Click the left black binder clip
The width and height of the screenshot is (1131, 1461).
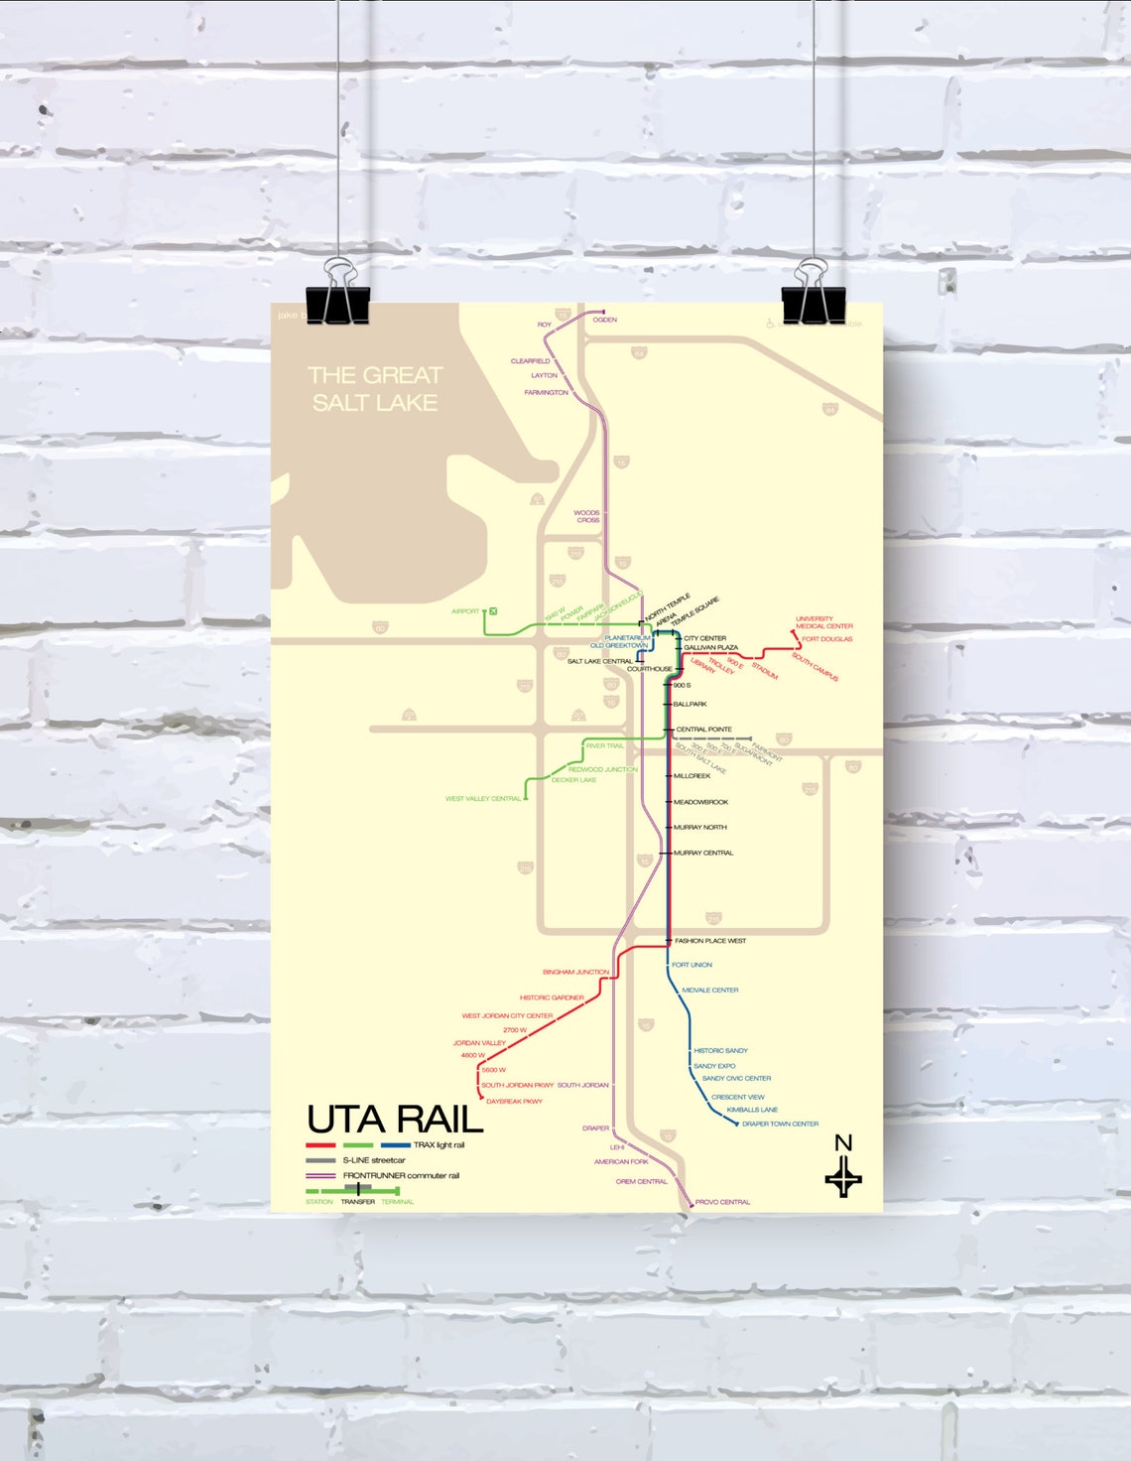(x=338, y=303)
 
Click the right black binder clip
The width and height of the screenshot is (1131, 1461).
(x=813, y=304)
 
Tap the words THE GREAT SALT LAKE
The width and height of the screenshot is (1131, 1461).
(x=374, y=389)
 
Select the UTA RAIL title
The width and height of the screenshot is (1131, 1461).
(x=394, y=1120)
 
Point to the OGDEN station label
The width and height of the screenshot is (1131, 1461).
(x=605, y=320)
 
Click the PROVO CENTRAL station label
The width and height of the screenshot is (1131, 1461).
(x=722, y=1202)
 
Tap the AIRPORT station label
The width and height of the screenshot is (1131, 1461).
(x=465, y=611)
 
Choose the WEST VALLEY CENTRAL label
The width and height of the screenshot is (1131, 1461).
(x=483, y=799)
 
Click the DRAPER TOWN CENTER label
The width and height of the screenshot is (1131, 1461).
(x=780, y=1125)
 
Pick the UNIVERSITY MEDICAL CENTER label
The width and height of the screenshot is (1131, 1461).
(x=823, y=622)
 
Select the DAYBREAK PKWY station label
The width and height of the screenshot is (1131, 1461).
(x=514, y=1102)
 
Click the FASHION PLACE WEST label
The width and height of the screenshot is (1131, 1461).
(x=710, y=941)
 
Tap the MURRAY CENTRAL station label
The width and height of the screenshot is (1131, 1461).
(x=703, y=853)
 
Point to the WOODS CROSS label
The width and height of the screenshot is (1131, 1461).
(x=587, y=516)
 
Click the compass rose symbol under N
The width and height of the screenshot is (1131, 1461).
(x=843, y=1179)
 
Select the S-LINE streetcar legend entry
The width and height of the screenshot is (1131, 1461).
(x=374, y=1160)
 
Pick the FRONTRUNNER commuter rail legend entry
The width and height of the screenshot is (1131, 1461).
(x=401, y=1175)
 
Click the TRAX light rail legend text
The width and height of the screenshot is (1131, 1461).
(x=439, y=1145)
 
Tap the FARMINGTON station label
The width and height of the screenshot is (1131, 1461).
(x=547, y=393)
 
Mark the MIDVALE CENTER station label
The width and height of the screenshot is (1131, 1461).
(x=710, y=990)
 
